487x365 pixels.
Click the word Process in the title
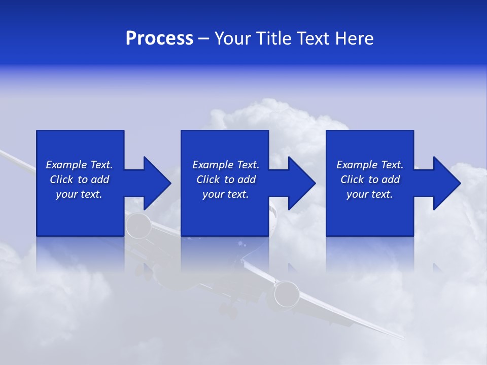(159, 39)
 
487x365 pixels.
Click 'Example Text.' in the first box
(79, 165)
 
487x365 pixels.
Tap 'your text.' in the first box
(79, 194)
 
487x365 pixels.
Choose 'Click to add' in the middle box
(226, 179)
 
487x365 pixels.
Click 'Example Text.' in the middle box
(226, 165)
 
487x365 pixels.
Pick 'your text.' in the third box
(370, 194)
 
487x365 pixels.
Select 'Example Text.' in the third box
(370, 165)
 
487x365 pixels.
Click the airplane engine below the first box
(138, 226)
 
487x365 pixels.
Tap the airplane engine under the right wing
(287, 294)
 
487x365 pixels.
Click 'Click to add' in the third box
(370, 179)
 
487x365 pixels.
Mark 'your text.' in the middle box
(226, 194)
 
